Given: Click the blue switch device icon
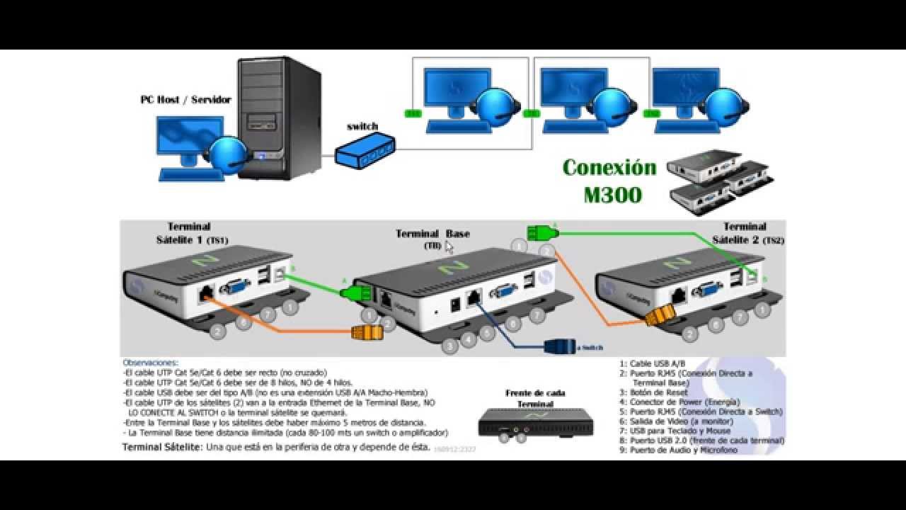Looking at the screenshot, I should [x=365, y=152].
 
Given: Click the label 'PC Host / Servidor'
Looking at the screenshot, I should [x=185, y=100].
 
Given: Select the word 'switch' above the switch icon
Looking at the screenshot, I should [x=362, y=127].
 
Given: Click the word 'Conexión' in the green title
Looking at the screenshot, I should [x=609, y=168].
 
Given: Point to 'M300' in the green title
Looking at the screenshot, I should [x=612, y=194].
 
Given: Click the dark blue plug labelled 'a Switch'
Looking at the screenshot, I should [x=559, y=346].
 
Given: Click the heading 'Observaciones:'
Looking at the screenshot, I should [x=150, y=363].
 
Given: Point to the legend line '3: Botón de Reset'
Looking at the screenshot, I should [x=653, y=392].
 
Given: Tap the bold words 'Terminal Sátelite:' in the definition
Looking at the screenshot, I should [x=162, y=447].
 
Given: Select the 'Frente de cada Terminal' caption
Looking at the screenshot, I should [x=535, y=398].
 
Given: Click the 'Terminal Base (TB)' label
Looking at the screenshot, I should [x=432, y=239].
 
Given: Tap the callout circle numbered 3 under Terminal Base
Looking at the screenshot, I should [x=449, y=346].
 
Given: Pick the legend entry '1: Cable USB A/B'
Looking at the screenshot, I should [x=652, y=363].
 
